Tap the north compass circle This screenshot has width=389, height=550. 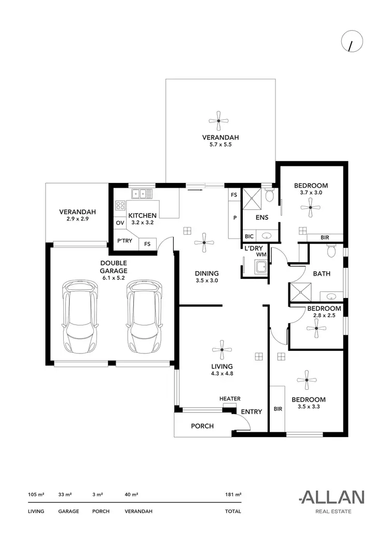[352, 43]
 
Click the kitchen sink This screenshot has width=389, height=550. [141, 194]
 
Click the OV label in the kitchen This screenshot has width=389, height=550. [120, 223]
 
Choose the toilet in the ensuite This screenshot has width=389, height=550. [269, 196]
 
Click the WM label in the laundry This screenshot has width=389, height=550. [261, 255]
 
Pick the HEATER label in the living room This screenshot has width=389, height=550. [230, 399]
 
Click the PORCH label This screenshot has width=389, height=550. [202, 426]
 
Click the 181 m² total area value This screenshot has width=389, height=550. [234, 495]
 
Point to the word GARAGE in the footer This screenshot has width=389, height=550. [68, 512]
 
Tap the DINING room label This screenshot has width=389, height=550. [206, 273]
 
